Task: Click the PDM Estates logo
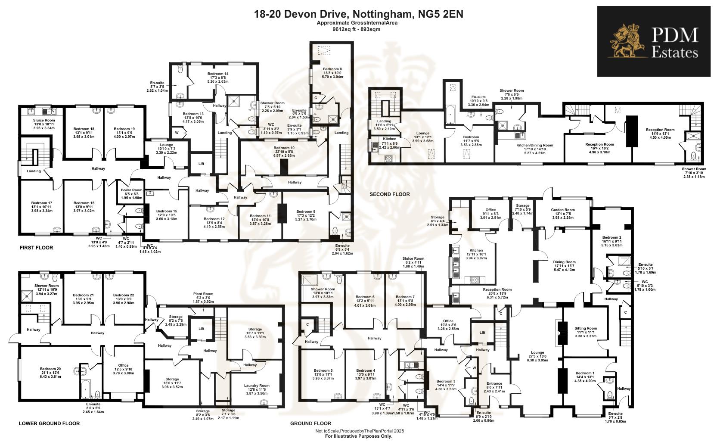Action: (x=653, y=41)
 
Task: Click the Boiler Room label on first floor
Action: (x=131, y=190)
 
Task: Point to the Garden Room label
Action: (x=563, y=210)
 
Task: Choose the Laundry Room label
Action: (x=256, y=386)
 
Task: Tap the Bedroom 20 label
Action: (x=50, y=369)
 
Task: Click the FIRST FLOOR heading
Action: (x=36, y=248)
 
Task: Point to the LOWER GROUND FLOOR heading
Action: (x=49, y=423)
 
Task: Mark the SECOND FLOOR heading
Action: (x=389, y=194)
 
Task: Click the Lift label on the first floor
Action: (x=201, y=164)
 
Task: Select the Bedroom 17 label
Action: (x=42, y=203)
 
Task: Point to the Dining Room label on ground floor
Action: (x=564, y=262)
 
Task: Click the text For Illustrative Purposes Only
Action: (x=358, y=436)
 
